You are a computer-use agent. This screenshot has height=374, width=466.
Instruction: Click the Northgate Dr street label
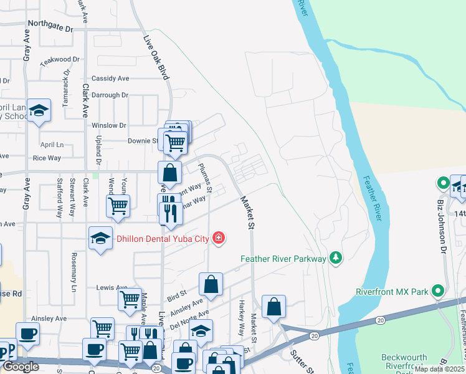point(50,29)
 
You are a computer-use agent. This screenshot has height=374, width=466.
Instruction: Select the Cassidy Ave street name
point(110,79)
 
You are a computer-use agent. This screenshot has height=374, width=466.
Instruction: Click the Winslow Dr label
point(109,125)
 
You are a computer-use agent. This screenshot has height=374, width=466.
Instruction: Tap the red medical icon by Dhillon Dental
point(218,237)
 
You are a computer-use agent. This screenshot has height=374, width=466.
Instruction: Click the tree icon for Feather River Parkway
point(336,258)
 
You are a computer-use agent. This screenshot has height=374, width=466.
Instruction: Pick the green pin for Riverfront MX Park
point(438,291)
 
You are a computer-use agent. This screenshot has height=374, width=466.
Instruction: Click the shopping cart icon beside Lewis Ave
point(130,299)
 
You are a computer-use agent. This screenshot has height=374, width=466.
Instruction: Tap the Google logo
point(21,367)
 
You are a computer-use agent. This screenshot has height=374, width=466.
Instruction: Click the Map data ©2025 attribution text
point(440,369)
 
